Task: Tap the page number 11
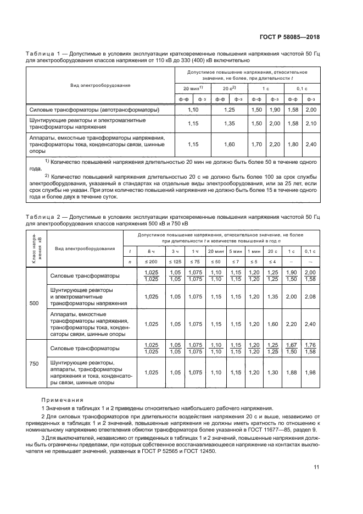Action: coord(316,467)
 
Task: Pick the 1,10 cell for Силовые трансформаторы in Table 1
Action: coord(194,110)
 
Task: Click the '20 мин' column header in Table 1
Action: coord(193,88)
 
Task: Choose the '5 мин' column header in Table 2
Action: coord(236,251)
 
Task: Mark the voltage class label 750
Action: coord(34,364)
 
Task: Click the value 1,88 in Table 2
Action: coord(292,372)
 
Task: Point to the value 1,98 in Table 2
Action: coord(310,372)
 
